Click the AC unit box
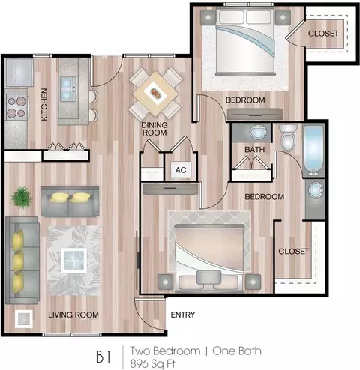click(x=181, y=170)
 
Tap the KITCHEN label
click(x=44, y=105)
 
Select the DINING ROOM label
click(x=154, y=129)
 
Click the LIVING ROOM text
click(x=73, y=315)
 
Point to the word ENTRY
click(x=183, y=315)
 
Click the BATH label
click(x=254, y=149)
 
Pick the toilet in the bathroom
click(x=288, y=137)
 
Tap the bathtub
click(x=313, y=151)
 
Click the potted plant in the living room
click(x=21, y=197)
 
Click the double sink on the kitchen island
click(x=68, y=89)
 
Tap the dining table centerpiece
click(x=155, y=94)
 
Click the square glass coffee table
click(x=73, y=260)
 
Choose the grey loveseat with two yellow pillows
click(x=70, y=201)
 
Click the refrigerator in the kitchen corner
click(x=19, y=73)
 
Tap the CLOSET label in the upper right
click(x=323, y=34)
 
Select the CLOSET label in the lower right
click(x=294, y=251)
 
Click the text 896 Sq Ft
click(x=153, y=364)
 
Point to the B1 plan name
click(x=103, y=357)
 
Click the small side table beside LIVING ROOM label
click(x=24, y=319)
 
